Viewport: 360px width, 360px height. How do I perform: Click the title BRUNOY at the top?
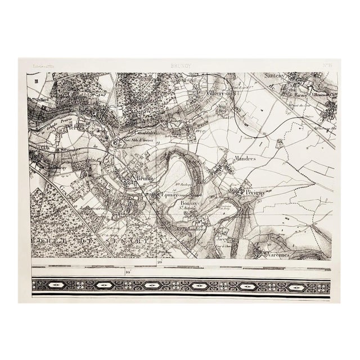pos(180,66)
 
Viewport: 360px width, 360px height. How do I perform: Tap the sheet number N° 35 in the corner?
pos(327,65)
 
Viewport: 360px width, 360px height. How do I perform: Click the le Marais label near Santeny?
pos(296,96)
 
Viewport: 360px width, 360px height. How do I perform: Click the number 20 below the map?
pos(160,263)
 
